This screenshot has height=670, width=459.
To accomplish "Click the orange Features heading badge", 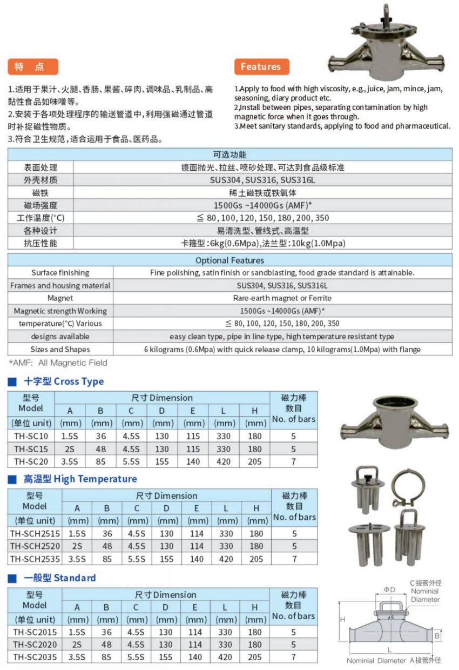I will point(261,67).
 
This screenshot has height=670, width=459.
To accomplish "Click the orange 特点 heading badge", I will point(33,67).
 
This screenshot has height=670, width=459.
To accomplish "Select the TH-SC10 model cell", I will point(31,436).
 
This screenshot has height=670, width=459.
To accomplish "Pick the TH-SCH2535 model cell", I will point(35,559).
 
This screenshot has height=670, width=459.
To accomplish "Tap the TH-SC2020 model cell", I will point(35,645).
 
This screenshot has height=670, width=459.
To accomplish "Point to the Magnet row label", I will point(60,298).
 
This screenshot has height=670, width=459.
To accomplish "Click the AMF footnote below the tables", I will point(58,363).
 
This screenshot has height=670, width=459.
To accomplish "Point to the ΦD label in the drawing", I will point(389,589).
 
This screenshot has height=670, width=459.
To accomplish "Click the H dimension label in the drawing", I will point(342,619).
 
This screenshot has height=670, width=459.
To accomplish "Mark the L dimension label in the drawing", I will point(389,649).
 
